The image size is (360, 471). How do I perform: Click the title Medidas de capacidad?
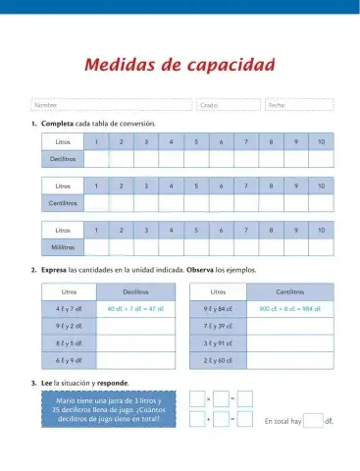coord(179,66)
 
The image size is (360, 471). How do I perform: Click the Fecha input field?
coord(299,105)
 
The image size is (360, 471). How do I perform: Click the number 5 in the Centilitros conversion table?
coord(196,186)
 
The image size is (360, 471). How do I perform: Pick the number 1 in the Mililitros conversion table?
coord(96,230)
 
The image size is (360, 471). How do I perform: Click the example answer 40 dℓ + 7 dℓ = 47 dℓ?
coord(135,309)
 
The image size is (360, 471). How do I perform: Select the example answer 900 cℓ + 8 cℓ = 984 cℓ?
coord(289,309)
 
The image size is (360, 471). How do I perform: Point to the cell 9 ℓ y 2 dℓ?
coord(69,326)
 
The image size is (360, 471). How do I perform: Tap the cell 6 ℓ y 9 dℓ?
coord(69,360)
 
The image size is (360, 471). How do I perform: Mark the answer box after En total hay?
coord(312,422)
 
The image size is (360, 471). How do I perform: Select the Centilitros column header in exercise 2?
coord(289,291)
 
